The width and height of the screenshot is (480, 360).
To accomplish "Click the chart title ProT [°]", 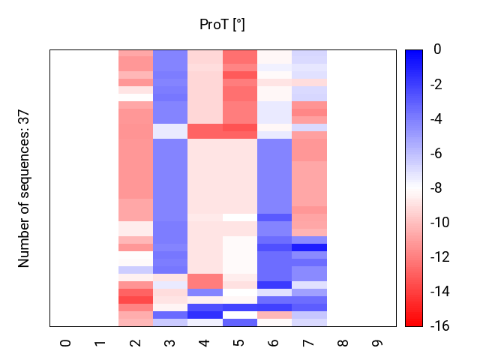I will (x=222, y=25).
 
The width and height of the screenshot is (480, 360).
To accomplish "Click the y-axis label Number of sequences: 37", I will (x=24, y=188).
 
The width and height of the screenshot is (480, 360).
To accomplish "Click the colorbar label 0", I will (x=437, y=50).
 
